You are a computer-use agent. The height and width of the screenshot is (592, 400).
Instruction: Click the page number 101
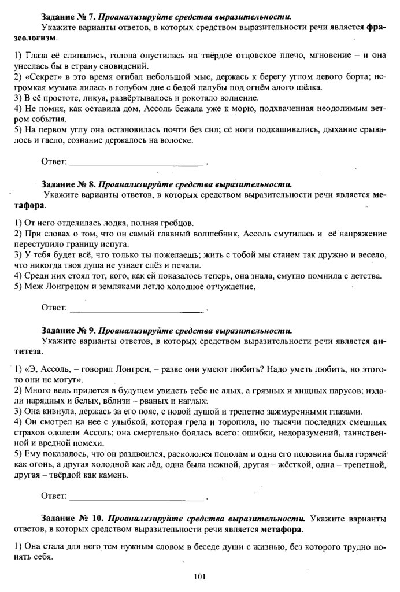[200, 576]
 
